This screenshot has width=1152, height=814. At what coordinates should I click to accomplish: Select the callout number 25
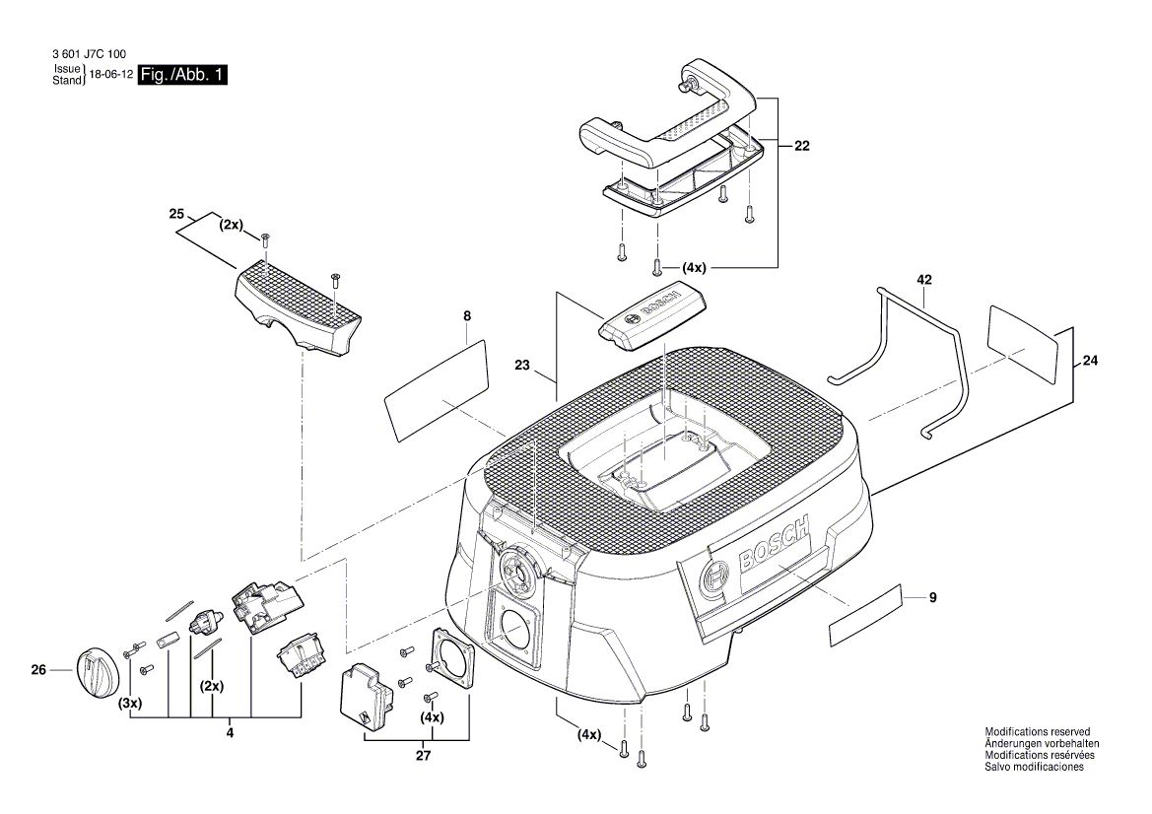pyautogui.click(x=177, y=214)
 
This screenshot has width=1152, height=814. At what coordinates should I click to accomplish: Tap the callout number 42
pyautogui.click(x=923, y=281)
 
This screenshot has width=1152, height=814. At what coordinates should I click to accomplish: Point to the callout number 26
pyautogui.click(x=38, y=671)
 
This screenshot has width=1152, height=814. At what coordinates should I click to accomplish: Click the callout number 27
pyautogui.click(x=423, y=756)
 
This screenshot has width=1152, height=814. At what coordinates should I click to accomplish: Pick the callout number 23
pyautogui.click(x=522, y=366)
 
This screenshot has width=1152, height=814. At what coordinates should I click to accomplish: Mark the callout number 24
pyautogui.click(x=1089, y=361)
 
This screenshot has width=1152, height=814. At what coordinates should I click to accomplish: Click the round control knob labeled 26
pyautogui.click(x=97, y=673)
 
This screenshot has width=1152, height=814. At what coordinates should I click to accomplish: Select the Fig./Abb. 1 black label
pyautogui.click(x=183, y=75)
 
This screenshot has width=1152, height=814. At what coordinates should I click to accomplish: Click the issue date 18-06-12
pyautogui.click(x=110, y=75)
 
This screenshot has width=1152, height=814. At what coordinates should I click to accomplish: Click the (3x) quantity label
pyautogui.click(x=129, y=704)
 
